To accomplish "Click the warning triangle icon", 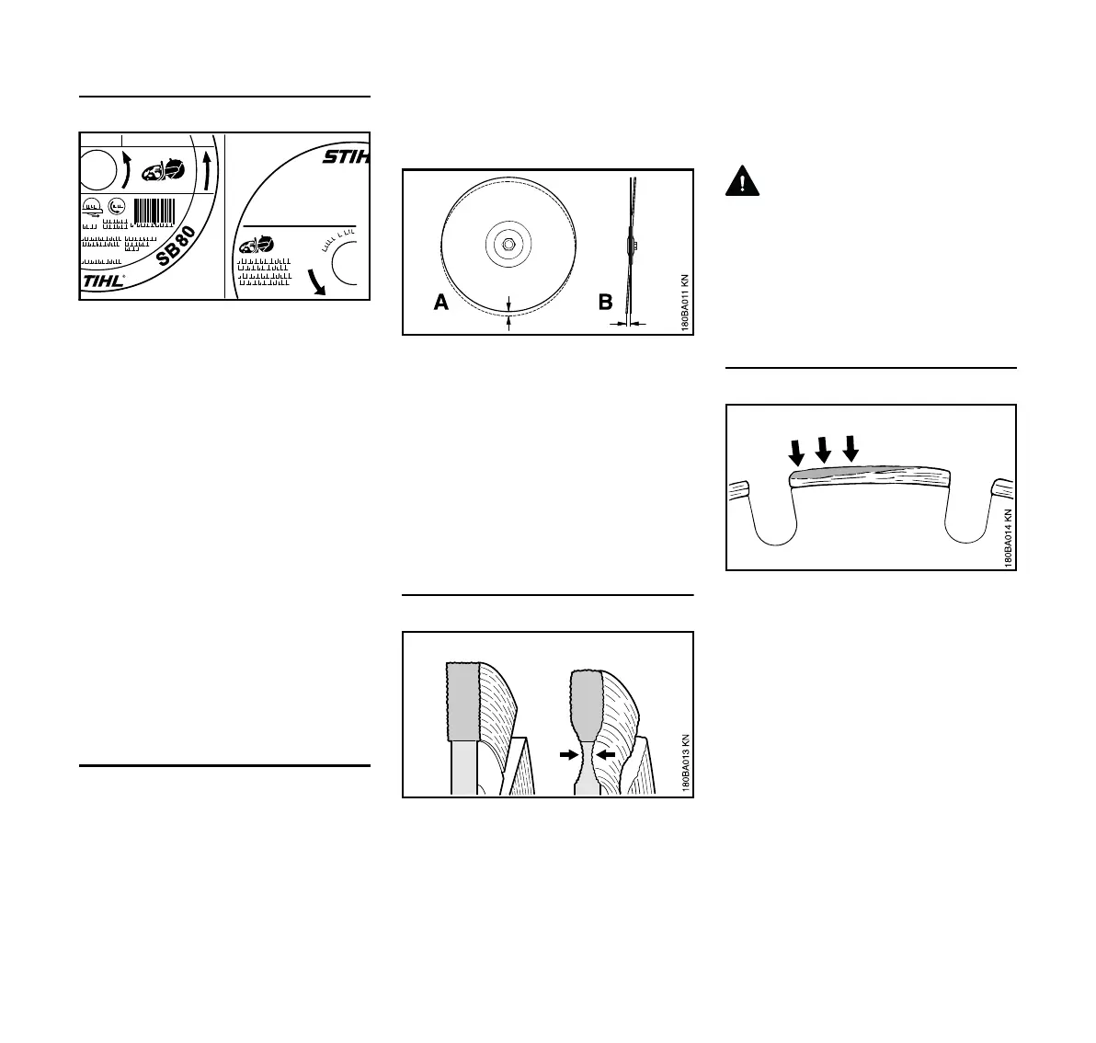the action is (742, 181).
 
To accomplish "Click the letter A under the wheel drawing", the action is (441, 303).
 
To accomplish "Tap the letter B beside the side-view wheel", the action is (605, 303).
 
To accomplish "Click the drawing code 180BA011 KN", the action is (683, 294).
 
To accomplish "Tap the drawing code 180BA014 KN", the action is (1008, 538).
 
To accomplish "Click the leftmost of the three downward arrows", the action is (796, 452).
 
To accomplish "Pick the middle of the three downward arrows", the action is (824, 450).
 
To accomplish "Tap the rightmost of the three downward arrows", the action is (851, 448).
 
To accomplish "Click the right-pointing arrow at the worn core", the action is (569, 753).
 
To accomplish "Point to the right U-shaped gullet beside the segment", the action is (968, 520).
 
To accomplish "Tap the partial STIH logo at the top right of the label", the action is (345, 157).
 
